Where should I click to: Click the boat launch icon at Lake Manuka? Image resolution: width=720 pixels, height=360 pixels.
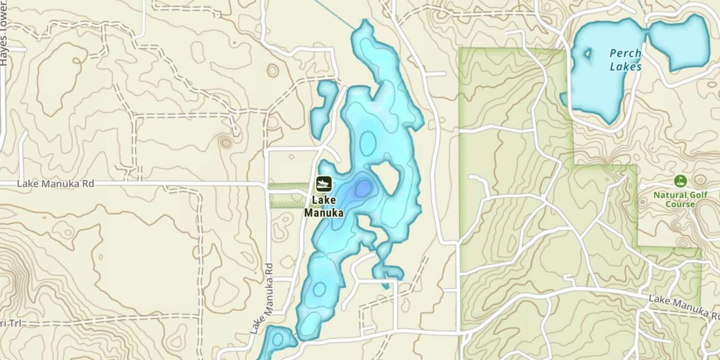(324, 183)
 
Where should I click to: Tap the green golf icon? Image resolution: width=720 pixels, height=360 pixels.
(680, 181)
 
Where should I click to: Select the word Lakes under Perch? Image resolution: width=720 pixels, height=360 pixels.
(625, 67)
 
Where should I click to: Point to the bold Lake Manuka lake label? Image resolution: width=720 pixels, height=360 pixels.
(324, 206)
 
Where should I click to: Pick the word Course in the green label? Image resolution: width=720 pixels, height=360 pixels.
(680, 204)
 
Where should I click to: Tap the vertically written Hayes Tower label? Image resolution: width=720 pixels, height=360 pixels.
(4, 46)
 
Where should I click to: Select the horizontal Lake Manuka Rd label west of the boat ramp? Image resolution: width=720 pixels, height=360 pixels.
(54, 184)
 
